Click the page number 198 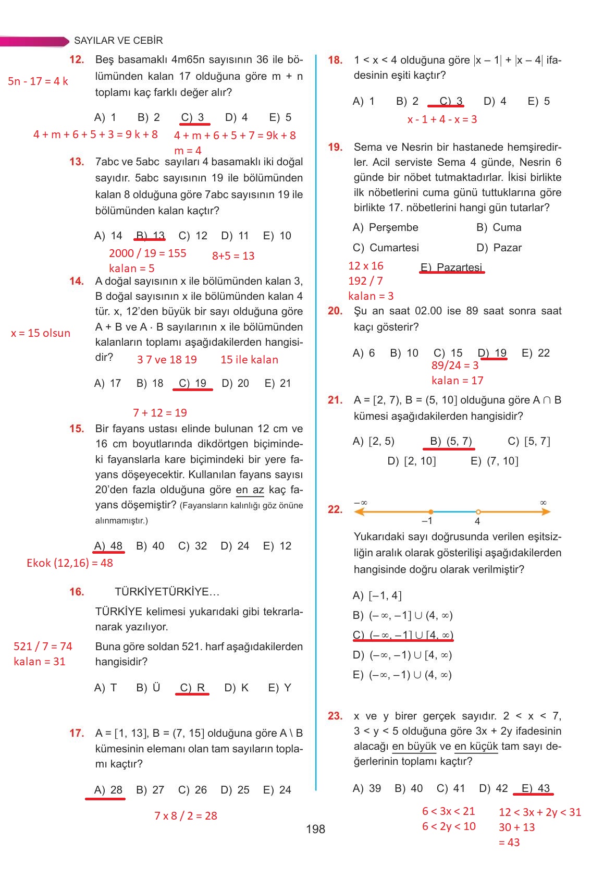tap(315, 829)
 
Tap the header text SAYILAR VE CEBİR tap(118, 41)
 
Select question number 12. tap(77, 60)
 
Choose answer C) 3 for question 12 tap(193, 117)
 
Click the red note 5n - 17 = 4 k tap(38, 81)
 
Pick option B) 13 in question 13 tap(151, 236)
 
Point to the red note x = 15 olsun tap(41, 333)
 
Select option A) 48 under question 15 tap(108, 546)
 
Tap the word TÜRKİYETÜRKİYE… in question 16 tap(167, 592)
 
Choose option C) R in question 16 tap(192, 688)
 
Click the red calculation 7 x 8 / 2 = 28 tap(186, 816)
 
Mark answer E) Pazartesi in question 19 tap(451, 267)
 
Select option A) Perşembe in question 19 tap(386, 227)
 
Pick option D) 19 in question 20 tap(492, 353)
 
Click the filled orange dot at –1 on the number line tap(430, 512)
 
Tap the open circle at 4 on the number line tap(478, 512)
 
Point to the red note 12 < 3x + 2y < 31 tap(539, 812)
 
